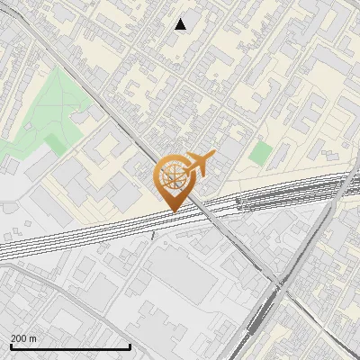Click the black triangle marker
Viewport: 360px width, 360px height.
(181, 24)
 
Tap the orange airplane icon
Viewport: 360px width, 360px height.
(199, 164)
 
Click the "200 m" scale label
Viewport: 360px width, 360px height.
(23, 337)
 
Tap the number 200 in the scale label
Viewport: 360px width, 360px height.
(19, 337)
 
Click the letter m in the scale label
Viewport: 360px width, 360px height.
(33, 337)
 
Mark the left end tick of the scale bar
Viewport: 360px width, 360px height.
(11, 345)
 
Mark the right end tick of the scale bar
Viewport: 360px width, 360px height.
(130, 345)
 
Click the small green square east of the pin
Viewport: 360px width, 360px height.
(260, 152)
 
